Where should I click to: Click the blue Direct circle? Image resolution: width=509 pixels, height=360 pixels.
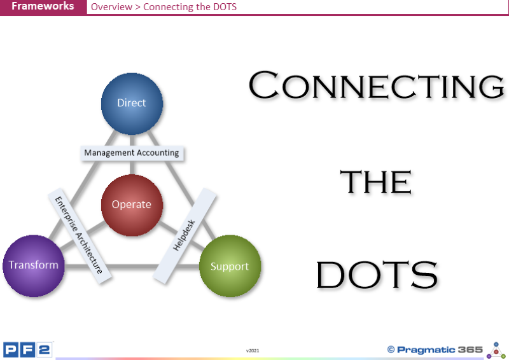pyautogui.click(x=132, y=104)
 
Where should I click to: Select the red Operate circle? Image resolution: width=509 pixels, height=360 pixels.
pyautogui.click(x=132, y=205)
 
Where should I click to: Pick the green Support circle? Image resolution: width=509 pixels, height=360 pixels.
pyautogui.click(x=229, y=267)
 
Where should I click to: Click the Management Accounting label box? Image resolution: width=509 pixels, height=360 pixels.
pyautogui.click(x=132, y=153)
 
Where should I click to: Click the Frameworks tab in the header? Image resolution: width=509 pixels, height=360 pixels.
pyautogui.click(x=42, y=7)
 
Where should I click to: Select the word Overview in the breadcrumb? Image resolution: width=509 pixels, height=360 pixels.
pyautogui.click(x=111, y=8)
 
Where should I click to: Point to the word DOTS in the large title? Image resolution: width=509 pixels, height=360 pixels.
pyautogui.click(x=377, y=275)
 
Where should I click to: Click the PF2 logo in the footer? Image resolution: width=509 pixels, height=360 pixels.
pyautogui.click(x=27, y=349)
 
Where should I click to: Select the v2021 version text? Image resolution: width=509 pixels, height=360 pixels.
pyautogui.click(x=253, y=350)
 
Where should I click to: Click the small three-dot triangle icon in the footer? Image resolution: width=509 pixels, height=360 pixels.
pyautogui.click(x=496, y=350)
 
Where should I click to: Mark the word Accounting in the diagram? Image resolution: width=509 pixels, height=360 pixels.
pyautogui.click(x=158, y=153)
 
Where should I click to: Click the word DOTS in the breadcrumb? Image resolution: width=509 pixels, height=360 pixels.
pyautogui.click(x=223, y=8)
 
